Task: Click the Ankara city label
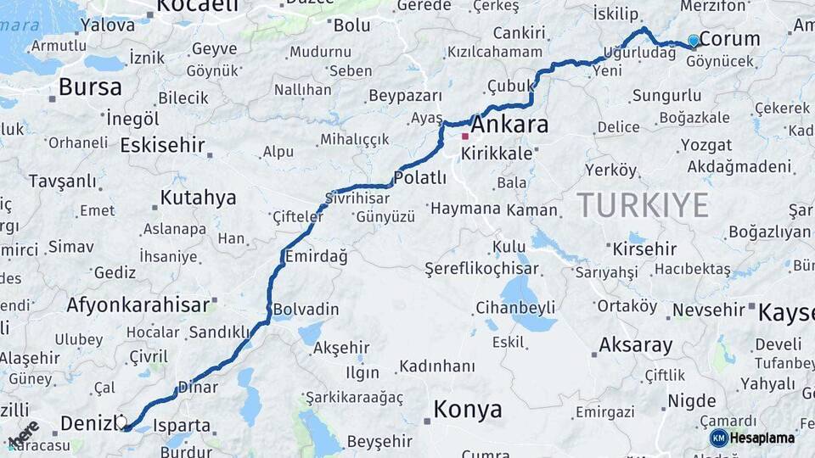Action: pyautogui.click(x=509, y=125)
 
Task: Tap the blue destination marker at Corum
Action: pyautogui.click(x=694, y=40)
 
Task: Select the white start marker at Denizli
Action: pyautogui.click(x=121, y=421)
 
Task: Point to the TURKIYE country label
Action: pyautogui.click(x=643, y=205)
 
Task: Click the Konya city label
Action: pyautogui.click(x=468, y=410)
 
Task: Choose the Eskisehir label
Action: pyautogui.click(x=162, y=145)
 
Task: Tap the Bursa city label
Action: pyautogui.click(x=90, y=87)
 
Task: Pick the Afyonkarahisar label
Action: pyautogui.click(x=138, y=304)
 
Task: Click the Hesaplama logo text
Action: pyautogui.click(x=762, y=438)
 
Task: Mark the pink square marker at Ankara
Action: pyautogui.click(x=465, y=136)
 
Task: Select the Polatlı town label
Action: pyautogui.click(x=420, y=177)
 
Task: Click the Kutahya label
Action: pyautogui.click(x=199, y=198)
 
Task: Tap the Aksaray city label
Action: pyautogui.click(x=635, y=345)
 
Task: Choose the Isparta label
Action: pyautogui.click(x=183, y=425)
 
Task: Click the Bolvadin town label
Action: pyautogui.click(x=305, y=310)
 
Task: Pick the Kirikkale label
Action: pyautogui.click(x=497, y=154)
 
